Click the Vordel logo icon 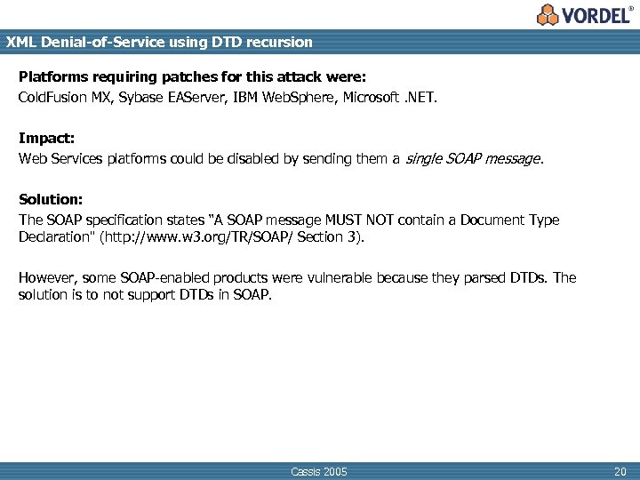pos(548,14)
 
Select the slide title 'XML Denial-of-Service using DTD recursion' pos(159,42)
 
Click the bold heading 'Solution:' pos(51,200)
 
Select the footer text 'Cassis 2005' pos(319,471)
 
